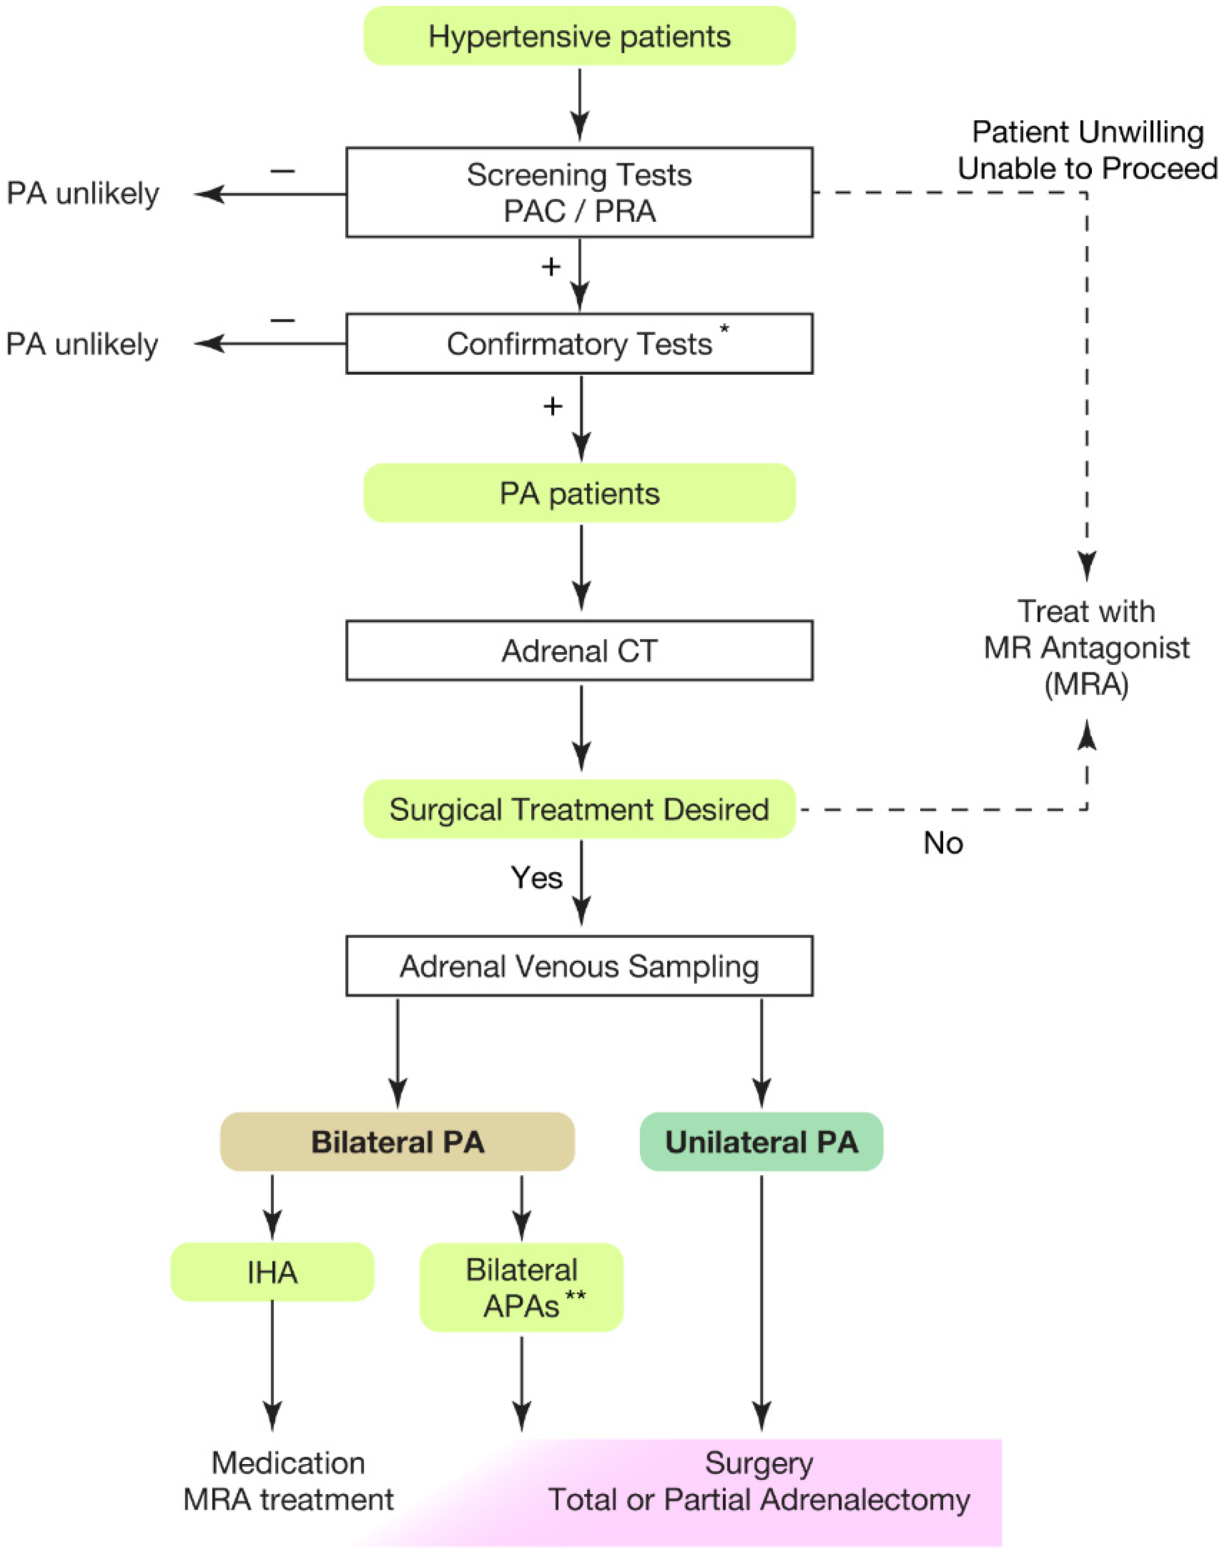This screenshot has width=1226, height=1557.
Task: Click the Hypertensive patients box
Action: point(579,36)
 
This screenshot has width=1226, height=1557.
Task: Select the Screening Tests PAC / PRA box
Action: point(579,192)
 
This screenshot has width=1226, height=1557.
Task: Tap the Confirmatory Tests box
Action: point(579,344)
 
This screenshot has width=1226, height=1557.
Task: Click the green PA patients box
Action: point(579,493)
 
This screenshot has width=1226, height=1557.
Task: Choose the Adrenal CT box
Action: point(579,650)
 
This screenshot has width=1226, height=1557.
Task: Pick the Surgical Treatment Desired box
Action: point(579,809)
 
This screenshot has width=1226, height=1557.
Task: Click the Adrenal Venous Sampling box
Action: point(579,966)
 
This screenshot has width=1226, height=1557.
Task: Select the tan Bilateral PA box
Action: point(397,1142)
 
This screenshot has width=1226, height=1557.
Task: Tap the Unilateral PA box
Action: point(761,1142)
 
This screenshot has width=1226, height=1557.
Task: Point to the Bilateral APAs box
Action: point(522,1288)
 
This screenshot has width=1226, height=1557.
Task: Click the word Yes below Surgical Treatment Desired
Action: point(536,877)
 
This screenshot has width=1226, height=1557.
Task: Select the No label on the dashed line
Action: point(942,843)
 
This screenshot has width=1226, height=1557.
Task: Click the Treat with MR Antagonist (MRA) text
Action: point(1086,648)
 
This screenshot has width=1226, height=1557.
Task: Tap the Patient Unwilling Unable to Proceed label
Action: point(1087,150)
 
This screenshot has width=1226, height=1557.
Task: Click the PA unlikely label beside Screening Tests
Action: point(82,193)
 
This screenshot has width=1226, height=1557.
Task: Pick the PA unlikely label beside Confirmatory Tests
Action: point(82,344)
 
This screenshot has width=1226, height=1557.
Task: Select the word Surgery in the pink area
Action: point(759,1463)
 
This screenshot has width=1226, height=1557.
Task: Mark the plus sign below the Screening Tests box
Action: point(551,267)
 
